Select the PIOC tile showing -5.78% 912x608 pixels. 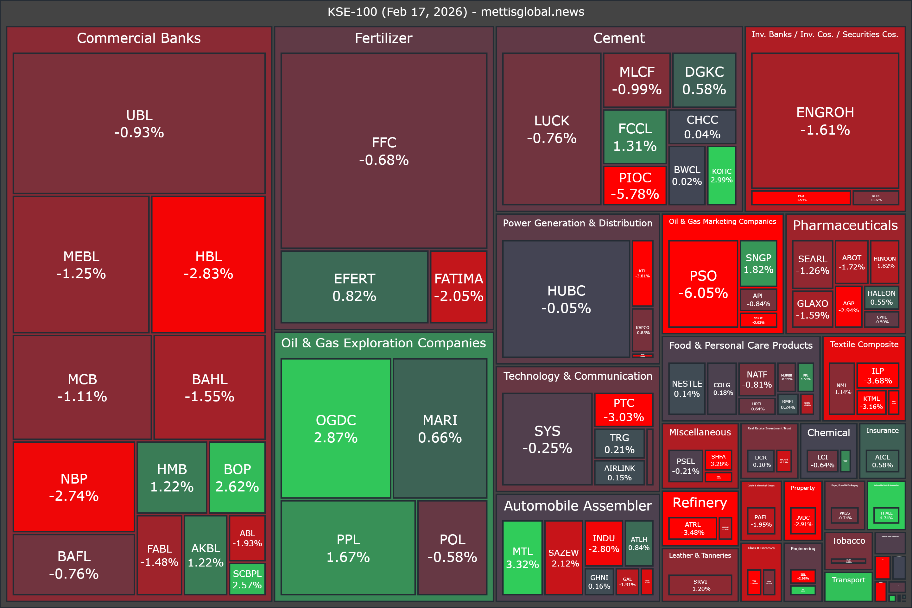pos(635,185)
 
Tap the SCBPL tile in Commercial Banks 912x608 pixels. pos(247,579)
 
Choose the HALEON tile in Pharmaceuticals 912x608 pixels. pos(881,297)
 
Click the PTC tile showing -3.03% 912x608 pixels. pos(624,409)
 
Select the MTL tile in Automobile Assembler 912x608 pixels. pos(522,558)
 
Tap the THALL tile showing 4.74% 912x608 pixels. pos(886,515)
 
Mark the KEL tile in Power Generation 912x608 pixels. pos(643,273)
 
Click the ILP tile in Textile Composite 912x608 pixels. pos(877,375)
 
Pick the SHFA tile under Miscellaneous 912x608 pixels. pos(718,460)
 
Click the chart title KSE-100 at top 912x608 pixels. pos(456,12)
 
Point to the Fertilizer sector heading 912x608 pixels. pos(383,38)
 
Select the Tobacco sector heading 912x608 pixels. pos(848,541)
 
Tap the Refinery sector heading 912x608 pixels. pos(700,503)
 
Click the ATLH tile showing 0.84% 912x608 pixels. pos(639,543)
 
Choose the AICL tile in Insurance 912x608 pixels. pos(882,461)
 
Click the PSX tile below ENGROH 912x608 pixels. pos(801,198)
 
